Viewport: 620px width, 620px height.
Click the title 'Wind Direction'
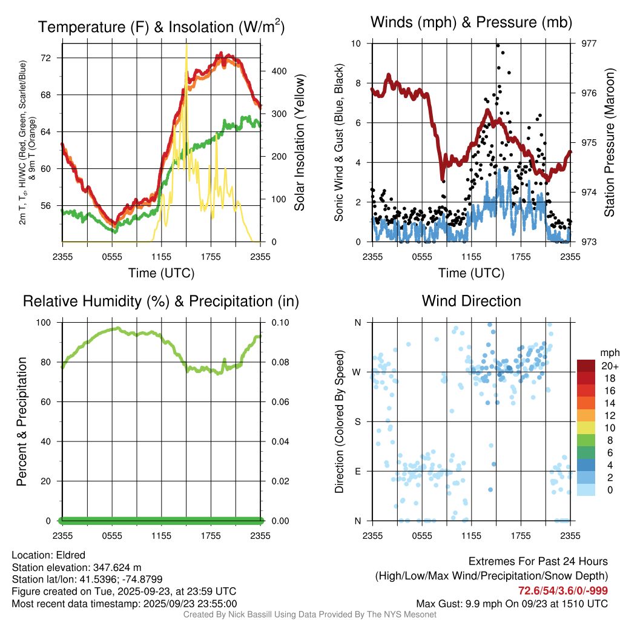pos(471,301)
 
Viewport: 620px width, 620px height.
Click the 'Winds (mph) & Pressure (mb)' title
pos(471,23)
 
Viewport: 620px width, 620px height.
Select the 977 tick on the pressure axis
pos(581,44)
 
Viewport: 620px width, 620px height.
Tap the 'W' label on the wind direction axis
pos(357,372)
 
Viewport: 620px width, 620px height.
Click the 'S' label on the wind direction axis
pos(358,421)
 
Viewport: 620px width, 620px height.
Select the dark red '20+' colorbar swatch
pos(586,366)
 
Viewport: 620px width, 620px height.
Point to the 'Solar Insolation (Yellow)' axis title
pos(300,143)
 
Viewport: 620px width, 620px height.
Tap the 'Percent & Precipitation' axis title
pos(21,421)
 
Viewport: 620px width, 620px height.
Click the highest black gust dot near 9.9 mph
pos(498,45)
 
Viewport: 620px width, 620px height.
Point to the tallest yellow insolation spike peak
pos(186,45)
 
